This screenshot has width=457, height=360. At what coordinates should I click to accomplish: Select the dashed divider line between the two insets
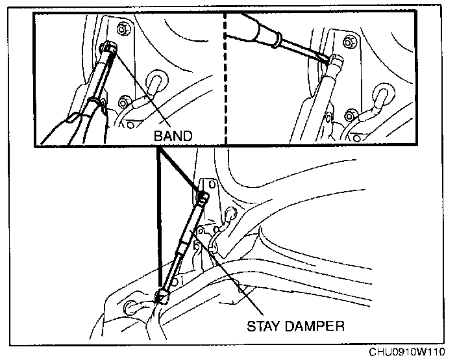(225, 78)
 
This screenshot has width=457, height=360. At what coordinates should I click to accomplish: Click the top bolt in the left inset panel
(123, 30)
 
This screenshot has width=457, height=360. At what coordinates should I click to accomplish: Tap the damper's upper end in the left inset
(110, 49)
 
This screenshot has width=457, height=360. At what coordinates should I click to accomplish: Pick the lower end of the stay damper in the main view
(162, 296)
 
